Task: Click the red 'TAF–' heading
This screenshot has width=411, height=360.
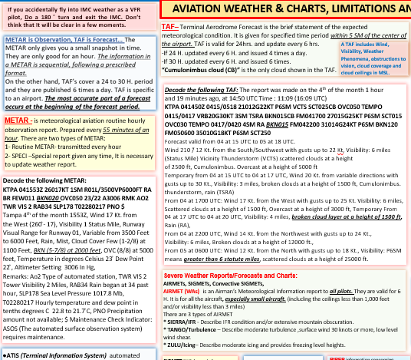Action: [170, 26]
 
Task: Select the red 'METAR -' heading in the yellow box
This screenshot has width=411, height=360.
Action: [21, 121]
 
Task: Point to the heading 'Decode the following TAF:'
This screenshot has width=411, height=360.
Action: [201, 90]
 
